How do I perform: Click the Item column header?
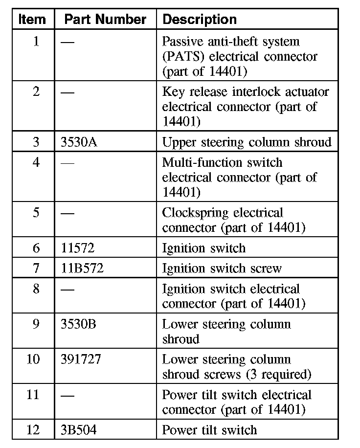click(32, 20)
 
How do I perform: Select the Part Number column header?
click(105, 20)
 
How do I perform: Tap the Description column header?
click(199, 20)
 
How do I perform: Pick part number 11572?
click(78, 248)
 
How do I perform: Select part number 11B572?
click(82, 269)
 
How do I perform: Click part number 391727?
click(81, 359)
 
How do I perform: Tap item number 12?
click(33, 430)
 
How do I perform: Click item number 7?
click(36, 269)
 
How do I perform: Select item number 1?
click(36, 42)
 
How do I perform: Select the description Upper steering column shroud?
click(247, 142)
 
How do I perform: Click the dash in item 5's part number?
click(68, 213)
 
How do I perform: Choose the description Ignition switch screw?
click(222, 269)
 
